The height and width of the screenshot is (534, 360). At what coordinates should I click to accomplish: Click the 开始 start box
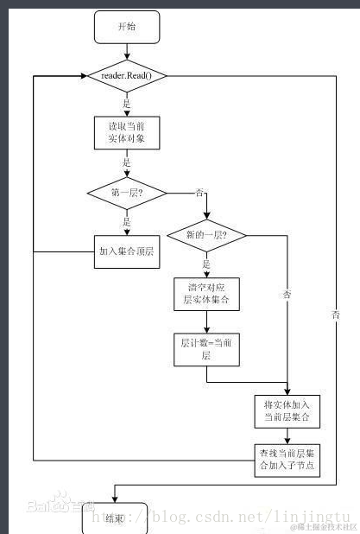126,28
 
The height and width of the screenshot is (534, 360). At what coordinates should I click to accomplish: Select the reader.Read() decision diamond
126,75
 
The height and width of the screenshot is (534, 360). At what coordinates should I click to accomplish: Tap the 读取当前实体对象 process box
126,131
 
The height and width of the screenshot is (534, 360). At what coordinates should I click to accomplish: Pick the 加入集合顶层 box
126,252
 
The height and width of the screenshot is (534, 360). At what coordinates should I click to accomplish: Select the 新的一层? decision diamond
206,235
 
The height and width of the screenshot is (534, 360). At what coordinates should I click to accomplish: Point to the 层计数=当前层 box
206,349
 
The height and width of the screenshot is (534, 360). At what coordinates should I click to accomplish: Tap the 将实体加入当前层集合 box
287,411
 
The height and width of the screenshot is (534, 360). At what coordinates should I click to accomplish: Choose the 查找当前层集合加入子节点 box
287,460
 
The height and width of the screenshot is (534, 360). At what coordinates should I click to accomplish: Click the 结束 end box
115,518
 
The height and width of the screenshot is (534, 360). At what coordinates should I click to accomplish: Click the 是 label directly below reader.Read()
127,102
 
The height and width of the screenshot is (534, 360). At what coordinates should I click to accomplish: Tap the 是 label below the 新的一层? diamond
206,264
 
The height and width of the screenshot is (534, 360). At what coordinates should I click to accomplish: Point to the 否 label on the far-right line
335,316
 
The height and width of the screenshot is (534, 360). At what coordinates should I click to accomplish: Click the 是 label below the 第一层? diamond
127,221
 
